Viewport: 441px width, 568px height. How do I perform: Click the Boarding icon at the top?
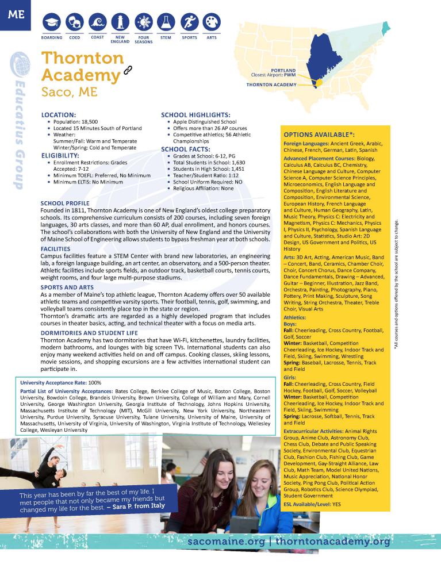point(52,22)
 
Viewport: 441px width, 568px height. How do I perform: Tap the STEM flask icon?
point(166,22)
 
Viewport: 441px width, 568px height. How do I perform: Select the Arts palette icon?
point(212,22)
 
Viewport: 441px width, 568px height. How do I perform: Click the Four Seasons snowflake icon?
point(143,22)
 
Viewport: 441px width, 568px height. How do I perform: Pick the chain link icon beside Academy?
point(128,71)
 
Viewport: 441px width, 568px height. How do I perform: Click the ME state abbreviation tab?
point(16,14)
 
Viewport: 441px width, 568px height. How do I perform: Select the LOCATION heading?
point(59,115)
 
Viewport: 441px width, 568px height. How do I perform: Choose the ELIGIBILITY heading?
point(60,155)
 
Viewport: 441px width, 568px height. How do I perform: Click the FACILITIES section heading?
point(59,248)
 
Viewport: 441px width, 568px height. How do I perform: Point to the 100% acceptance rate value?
point(95,382)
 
